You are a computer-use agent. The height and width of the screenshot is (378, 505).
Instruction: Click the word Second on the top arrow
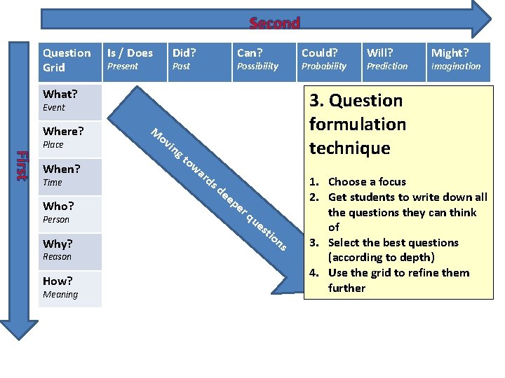[274, 23]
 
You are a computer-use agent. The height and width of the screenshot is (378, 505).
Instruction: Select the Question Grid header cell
[67, 60]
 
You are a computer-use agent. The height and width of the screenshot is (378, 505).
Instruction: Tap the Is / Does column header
[130, 53]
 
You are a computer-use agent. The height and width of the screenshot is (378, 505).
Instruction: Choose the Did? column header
[184, 53]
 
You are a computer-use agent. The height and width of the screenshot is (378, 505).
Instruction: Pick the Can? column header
[250, 53]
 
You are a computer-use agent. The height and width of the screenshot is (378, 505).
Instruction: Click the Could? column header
[319, 53]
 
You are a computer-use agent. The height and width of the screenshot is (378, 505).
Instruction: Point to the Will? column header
[380, 53]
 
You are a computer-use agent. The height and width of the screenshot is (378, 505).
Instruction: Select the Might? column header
[450, 53]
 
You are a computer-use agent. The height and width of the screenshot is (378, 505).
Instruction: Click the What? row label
[60, 94]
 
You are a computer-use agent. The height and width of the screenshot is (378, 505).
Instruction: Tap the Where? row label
[63, 132]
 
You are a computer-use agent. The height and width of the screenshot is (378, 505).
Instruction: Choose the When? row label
[62, 169]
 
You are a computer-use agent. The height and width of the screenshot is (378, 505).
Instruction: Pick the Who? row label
[58, 206]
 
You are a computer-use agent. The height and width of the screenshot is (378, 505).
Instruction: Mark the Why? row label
[58, 244]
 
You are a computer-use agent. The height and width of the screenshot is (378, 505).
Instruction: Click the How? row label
[58, 281]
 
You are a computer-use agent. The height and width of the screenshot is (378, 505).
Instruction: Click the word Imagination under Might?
[456, 66]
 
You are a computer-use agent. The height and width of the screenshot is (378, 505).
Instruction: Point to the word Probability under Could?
[323, 66]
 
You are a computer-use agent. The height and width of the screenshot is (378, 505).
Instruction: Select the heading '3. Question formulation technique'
[358, 124]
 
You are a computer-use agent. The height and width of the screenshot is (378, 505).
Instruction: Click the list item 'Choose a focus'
[367, 182]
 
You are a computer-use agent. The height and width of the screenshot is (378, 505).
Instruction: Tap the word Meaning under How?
[60, 295]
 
